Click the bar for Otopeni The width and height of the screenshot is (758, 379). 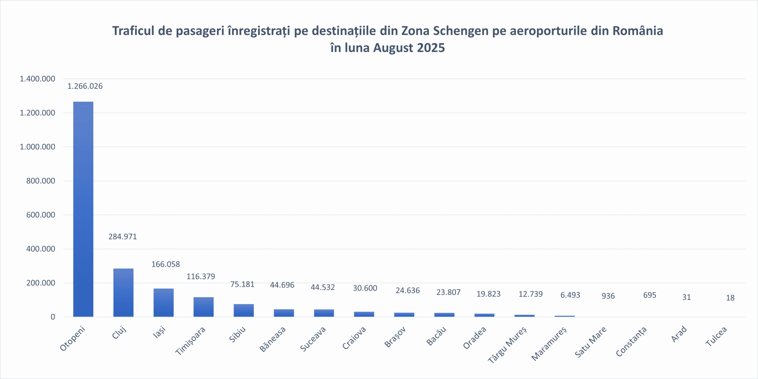click(x=83, y=209)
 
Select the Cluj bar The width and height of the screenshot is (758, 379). click(x=123, y=293)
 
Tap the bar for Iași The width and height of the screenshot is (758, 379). click(x=163, y=303)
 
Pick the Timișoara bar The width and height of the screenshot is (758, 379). click(x=203, y=307)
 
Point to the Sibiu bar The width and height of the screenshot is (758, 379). click(x=244, y=310)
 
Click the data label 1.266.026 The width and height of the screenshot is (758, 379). click(x=85, y=86)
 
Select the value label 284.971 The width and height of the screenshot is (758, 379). click(x=123, y=237)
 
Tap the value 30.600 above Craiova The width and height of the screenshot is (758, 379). click(x=365, y=288)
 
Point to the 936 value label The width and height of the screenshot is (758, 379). click(x=608, y=296)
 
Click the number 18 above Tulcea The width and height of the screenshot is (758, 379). click(x=730, y=298)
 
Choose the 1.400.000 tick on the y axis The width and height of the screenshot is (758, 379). click(x=37, y=79)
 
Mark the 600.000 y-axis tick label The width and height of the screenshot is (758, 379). click(x=41, y=215)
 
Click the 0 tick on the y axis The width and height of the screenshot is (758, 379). click(x=53, y=317)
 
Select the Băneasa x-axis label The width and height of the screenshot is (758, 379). click(x=273, y=339)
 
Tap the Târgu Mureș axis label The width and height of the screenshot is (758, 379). click(x=507, y=345)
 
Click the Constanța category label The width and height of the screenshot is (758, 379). click(x=631, y=342)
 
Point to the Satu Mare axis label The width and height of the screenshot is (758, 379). click(x=591, y=342)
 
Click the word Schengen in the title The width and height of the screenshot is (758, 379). click(x=460, y=31)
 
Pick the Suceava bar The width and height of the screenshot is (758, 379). click(x=324, y=313)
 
